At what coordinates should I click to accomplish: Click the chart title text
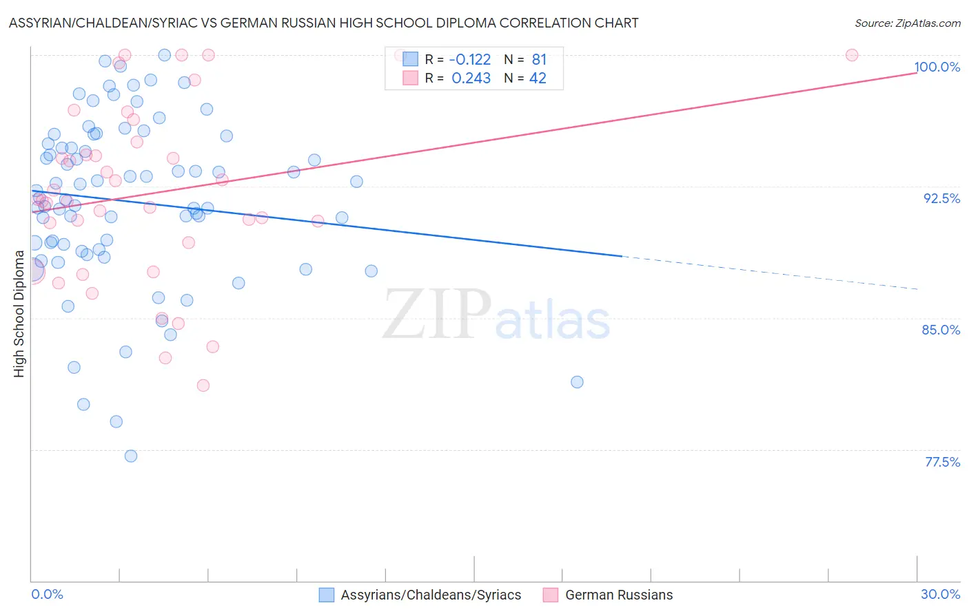pyautogui.click(x=323, y=23)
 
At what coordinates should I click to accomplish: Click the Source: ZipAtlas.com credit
pyautogui.click(x=907, y=23)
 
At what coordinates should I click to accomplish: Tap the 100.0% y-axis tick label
pyautogui.click(x=937, y=67)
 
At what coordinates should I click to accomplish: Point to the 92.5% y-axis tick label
pyautogui.click(x=941, y=198)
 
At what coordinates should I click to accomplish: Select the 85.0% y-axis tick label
pyautogui.click(x=941, y=330)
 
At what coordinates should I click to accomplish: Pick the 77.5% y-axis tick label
pyautogui.click(x=942, y=462)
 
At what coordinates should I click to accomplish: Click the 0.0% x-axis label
pyautogui.click(x=47, y=594)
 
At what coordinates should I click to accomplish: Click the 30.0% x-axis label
pyautogui.click(x=940, y=594)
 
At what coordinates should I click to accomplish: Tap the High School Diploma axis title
pyautogui.click(x=19, y=313)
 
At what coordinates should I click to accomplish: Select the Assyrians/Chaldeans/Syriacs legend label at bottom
pyautogui.click(x=431, y=595)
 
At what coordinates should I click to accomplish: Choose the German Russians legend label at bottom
pyautogui.click(x=619, y=595)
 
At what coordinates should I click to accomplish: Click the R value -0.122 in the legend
pyautogui.click(x=470, y=60)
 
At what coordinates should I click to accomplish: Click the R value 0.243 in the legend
pyautogui.click(x=471, y=78)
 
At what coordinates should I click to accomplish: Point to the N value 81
pyautogui.click(x=539, y=60)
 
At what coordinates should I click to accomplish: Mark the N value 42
pyautogui.click(x=538, y=78)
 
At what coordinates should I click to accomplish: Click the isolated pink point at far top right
pyautogui.click(x=852, y=55)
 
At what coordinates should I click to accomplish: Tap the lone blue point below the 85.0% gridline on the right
pyautogui.click(x=578, y=382)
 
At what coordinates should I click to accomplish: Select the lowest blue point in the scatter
pyautogui.click(x=131, y=456)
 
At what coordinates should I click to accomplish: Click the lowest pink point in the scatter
pyautogui.click(x=203, y=385)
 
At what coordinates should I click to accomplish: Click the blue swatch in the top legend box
pyautogui.click(x=411, y=59)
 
